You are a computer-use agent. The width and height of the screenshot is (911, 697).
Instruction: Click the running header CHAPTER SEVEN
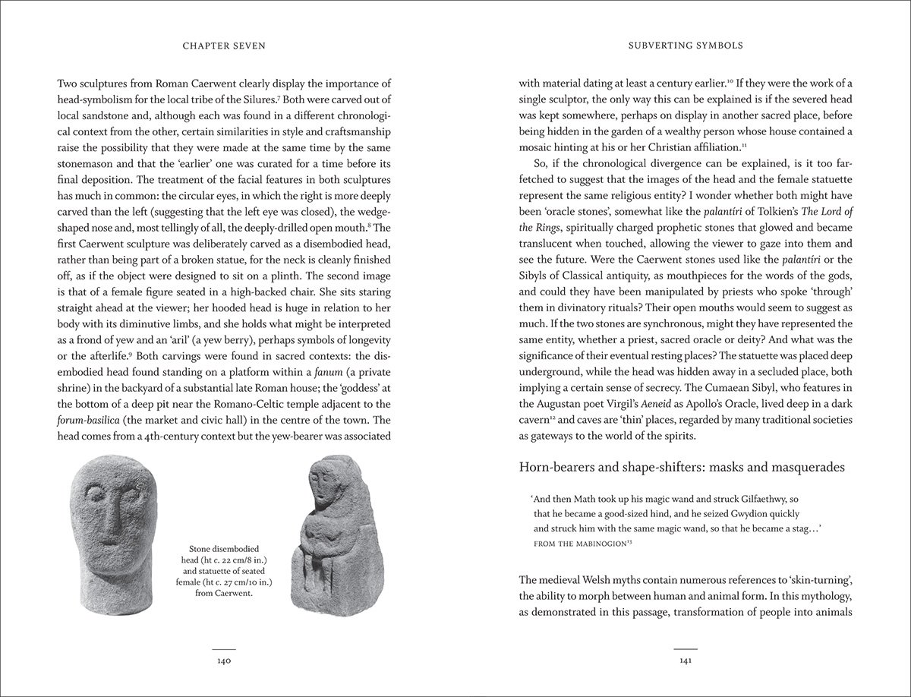tap(223, 46)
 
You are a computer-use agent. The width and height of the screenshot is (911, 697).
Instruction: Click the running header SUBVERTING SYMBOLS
tap(687, 46)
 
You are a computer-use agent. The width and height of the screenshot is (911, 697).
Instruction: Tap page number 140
tap(223, 662)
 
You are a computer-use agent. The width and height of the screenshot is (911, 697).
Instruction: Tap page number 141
tap(687, 662)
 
